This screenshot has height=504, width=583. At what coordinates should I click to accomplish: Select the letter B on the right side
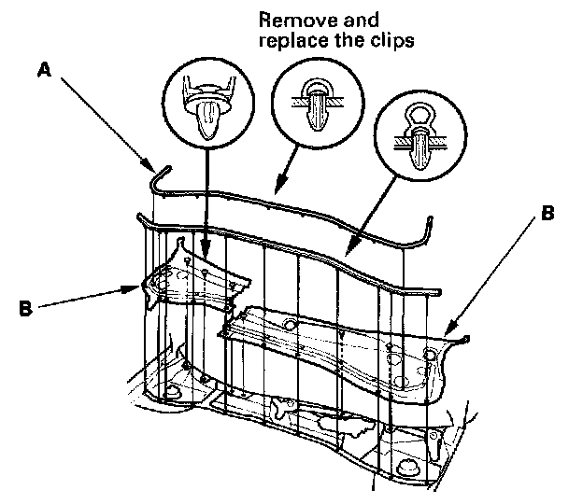click(547, 214)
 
